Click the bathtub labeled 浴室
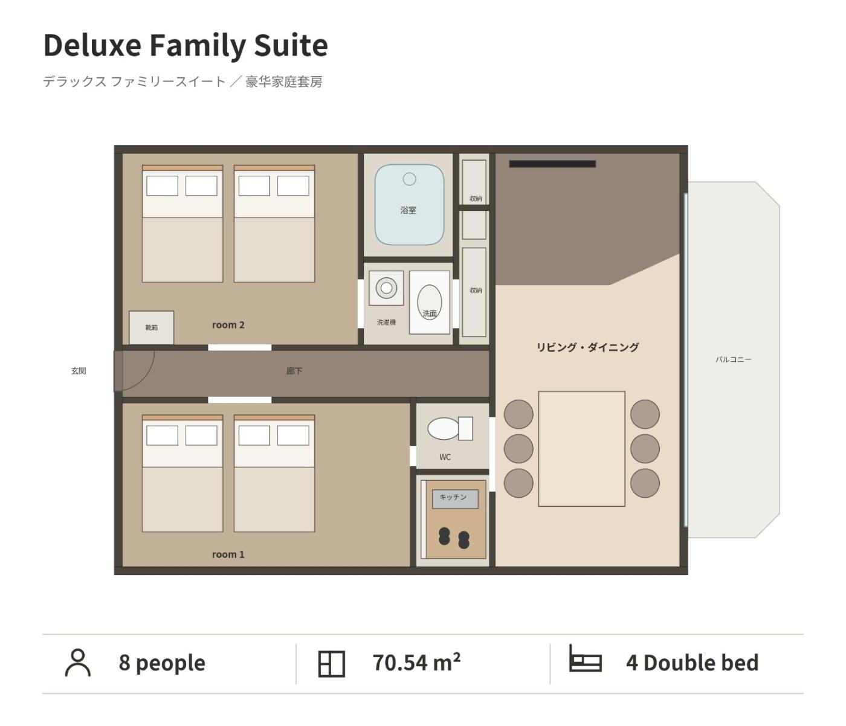coord(409,205)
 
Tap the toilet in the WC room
coord(450,428)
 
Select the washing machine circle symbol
coord(386,288)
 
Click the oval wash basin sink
coord(429,302)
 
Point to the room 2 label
coord(228,325)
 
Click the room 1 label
coord(228,554)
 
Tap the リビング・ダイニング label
coord(587,347)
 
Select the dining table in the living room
coord(581,449)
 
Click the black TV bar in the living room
coord(552,164)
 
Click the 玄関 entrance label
coord(79,371)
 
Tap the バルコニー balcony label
coord(733,359)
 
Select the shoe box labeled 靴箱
coord(152,327)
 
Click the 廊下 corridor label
coord(294,371)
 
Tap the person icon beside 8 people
coord(78,663)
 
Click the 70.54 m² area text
coord(417,663)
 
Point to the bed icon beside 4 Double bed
coord(586,658)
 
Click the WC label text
coord(445,457)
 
